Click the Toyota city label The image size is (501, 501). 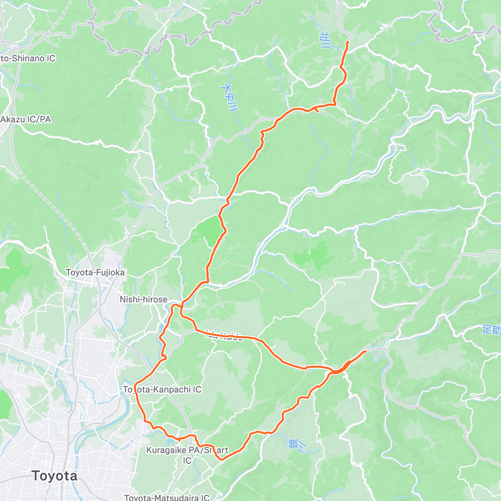pyautogui.click(x=54, y=476)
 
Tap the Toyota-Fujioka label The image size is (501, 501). pyautogui.click(x=95, y=273)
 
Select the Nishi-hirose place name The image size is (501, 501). pyautogui.click(x=143, y=299)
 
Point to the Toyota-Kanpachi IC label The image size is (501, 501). pyautogui.click(x=162, y=390)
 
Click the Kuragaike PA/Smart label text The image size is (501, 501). pyautogui.click(x=187, y=450)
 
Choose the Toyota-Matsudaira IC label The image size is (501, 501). pyautogui.click(x=167, y=498)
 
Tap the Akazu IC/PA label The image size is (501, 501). pyautogui.click(x=25, y=119)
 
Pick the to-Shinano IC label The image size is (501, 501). pyautogui.click(x=28, y=58)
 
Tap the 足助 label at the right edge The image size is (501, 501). pyautogui.click(x=491, y=330)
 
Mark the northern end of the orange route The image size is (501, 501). pyautogui.click(x=347, y=42)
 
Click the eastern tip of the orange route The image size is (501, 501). pyautogui.click(x=366, y=352)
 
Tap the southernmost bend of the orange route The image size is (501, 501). pyautogui.click(x=221, y=459)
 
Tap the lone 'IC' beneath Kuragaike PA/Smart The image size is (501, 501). pyautogui.click(x=187, y=460)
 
